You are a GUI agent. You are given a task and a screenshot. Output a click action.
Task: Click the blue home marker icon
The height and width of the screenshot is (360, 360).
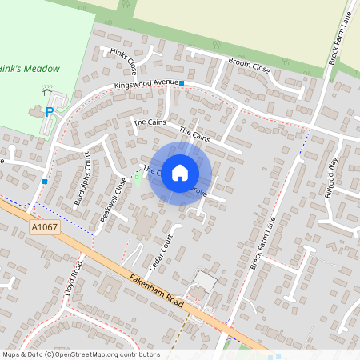[x=180, y=172]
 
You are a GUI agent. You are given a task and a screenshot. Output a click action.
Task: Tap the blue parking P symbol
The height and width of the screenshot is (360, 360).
[x=49, y=112]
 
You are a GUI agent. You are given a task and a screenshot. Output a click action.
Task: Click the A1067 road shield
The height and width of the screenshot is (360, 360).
[x=45, y=229]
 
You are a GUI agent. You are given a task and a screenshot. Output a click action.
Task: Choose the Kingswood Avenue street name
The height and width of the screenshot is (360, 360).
[x=146, y=85]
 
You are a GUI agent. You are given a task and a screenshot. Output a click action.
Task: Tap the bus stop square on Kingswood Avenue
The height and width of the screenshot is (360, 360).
[x=182, y=83]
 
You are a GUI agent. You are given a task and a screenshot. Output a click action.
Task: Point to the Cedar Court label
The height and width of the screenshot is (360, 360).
[x=161, y=252]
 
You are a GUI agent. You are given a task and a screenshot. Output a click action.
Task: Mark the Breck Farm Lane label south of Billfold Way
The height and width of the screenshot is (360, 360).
[x=262, y=243]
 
